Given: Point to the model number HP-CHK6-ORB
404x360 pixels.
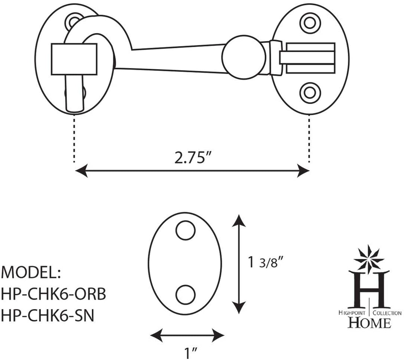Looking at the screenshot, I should click(53, 295).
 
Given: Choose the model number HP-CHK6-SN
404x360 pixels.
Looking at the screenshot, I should click(47, 316).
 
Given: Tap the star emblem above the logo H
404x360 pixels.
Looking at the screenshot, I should click(369, 258).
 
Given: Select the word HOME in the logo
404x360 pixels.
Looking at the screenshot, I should click(369, 322).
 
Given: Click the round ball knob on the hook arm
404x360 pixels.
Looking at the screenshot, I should click(244, 57).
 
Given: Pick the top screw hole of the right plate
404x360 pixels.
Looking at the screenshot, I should click(310, 22).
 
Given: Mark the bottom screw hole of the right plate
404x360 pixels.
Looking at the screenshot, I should click(310, 92).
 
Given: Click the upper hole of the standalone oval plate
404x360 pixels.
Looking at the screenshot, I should click(186, 230).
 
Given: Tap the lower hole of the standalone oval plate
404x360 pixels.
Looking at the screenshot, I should click(186, 295).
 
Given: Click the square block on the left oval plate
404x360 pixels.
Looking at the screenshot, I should click(74, 59).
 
